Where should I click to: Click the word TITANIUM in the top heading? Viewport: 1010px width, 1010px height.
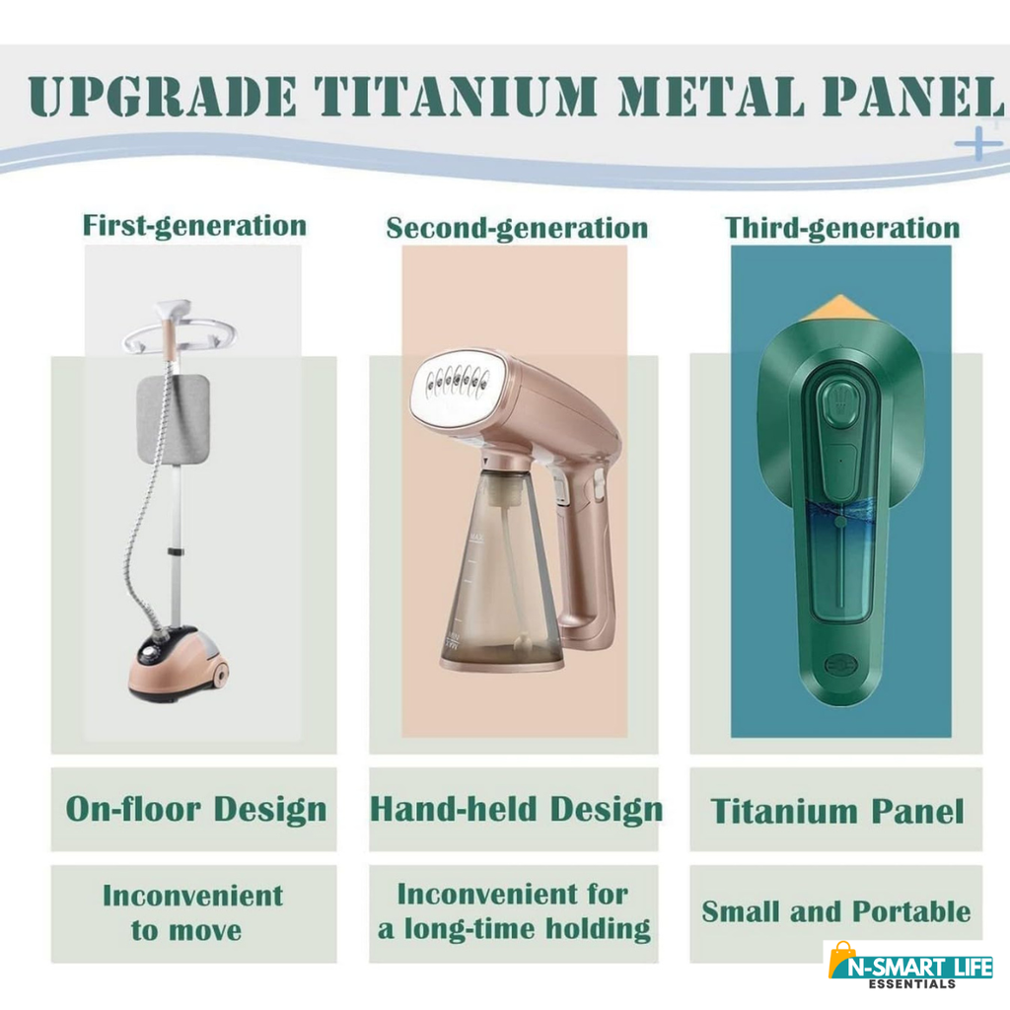[x=457, y=97]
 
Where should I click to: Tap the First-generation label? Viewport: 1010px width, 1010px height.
[x=194, y=227]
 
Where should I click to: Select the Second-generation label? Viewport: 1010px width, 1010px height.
[x=517, y=229]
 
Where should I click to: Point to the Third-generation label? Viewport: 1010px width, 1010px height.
[x=842, y=229]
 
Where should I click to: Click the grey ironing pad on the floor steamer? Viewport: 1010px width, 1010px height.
[x=173, y=419]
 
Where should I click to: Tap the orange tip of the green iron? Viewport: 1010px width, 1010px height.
[x=840, y=308]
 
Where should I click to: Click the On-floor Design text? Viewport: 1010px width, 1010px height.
[x=196, y=809]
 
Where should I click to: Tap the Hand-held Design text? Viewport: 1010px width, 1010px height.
[x=516, y=809]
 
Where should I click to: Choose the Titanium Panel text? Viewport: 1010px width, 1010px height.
[x=836, y=811]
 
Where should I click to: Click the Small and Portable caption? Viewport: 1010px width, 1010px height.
[x=836, y=911]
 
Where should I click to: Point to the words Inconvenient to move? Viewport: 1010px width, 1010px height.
[x=192, y=912]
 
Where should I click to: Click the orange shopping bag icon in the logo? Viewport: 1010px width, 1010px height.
[x=840, y=961]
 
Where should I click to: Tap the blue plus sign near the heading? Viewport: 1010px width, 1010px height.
[x=978, y=142]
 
